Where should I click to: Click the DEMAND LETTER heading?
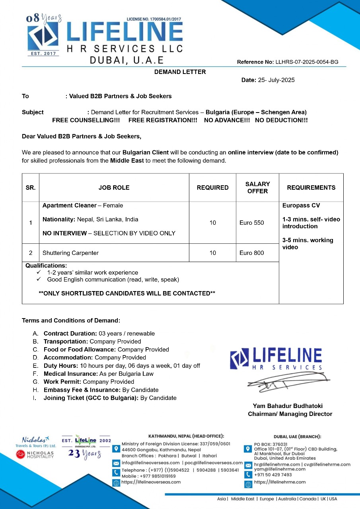pos(180,72)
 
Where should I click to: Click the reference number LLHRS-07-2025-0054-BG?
pos(307,62)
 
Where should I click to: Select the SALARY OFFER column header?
pos(257,187)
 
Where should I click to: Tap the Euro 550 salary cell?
pos(251,223)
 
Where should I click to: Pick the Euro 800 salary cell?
pos(251,253)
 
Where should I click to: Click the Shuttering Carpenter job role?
pos(70,253)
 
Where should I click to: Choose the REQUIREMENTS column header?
pos(311,187)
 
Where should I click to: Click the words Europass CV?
pos(301,206)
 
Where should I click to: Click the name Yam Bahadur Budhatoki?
pos(288,406)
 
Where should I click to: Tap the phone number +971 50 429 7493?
pos(273,474)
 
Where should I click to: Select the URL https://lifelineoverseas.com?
pos(151,482)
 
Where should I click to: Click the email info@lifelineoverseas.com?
pos(150,463)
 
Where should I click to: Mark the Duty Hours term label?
pos(61,366)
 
